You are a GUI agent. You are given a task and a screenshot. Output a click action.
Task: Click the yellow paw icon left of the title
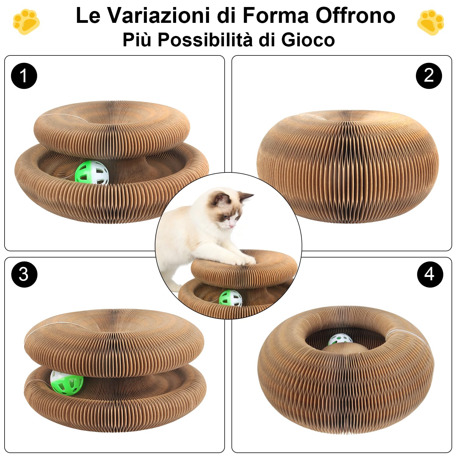point(26,22)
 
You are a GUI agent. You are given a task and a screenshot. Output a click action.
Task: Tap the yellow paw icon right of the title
point(430,22)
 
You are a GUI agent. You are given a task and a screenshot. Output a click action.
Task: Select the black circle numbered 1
point(24,76)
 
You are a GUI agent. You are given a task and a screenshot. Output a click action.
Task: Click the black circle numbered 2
point(429,76)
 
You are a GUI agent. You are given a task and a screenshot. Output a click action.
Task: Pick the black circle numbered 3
point(24,274)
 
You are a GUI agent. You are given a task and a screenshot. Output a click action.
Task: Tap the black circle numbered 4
point(430,274)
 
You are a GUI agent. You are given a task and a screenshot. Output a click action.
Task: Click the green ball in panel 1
point(92,173)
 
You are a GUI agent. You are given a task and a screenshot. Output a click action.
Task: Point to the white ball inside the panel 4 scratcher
point(340,339)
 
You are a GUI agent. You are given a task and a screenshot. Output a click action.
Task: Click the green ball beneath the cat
point(231,298)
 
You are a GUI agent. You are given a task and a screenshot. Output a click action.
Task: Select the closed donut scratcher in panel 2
point(347,166)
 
